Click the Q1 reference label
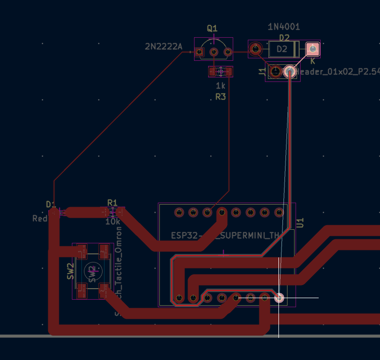[212, 28]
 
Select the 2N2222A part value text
[163, 47]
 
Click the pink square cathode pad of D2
[313, 49]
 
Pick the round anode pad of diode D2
[256, 49]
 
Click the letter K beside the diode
[312, 61]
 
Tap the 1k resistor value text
[221, 85]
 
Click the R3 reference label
[221, 96]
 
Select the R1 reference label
[112, 202]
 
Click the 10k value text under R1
[113, 221]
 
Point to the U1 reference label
[301, 223]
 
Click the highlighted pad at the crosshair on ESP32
[279, 298]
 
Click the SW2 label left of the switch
[71, 272]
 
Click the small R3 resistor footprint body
[221, 72]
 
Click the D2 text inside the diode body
[282, 49]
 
